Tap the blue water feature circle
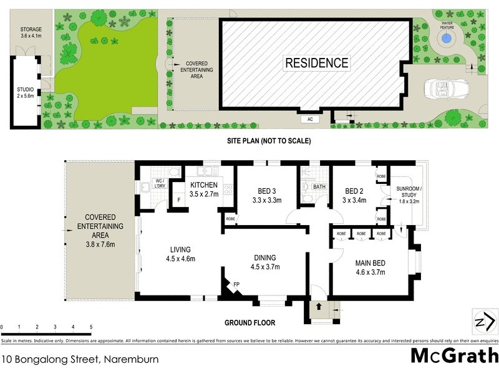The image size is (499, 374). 446,39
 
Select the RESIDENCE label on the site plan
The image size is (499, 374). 317,63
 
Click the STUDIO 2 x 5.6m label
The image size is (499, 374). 26,93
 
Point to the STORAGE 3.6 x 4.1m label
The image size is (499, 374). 31,32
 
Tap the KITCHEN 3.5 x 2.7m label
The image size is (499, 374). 204,189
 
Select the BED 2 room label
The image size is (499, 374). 354,195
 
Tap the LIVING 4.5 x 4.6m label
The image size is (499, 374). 180,254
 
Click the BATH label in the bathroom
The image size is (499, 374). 319,186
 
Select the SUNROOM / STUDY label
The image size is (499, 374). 409,194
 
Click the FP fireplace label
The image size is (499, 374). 236,284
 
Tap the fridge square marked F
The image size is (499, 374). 179,199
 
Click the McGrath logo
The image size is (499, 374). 454,355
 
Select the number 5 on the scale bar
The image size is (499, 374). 91,327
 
